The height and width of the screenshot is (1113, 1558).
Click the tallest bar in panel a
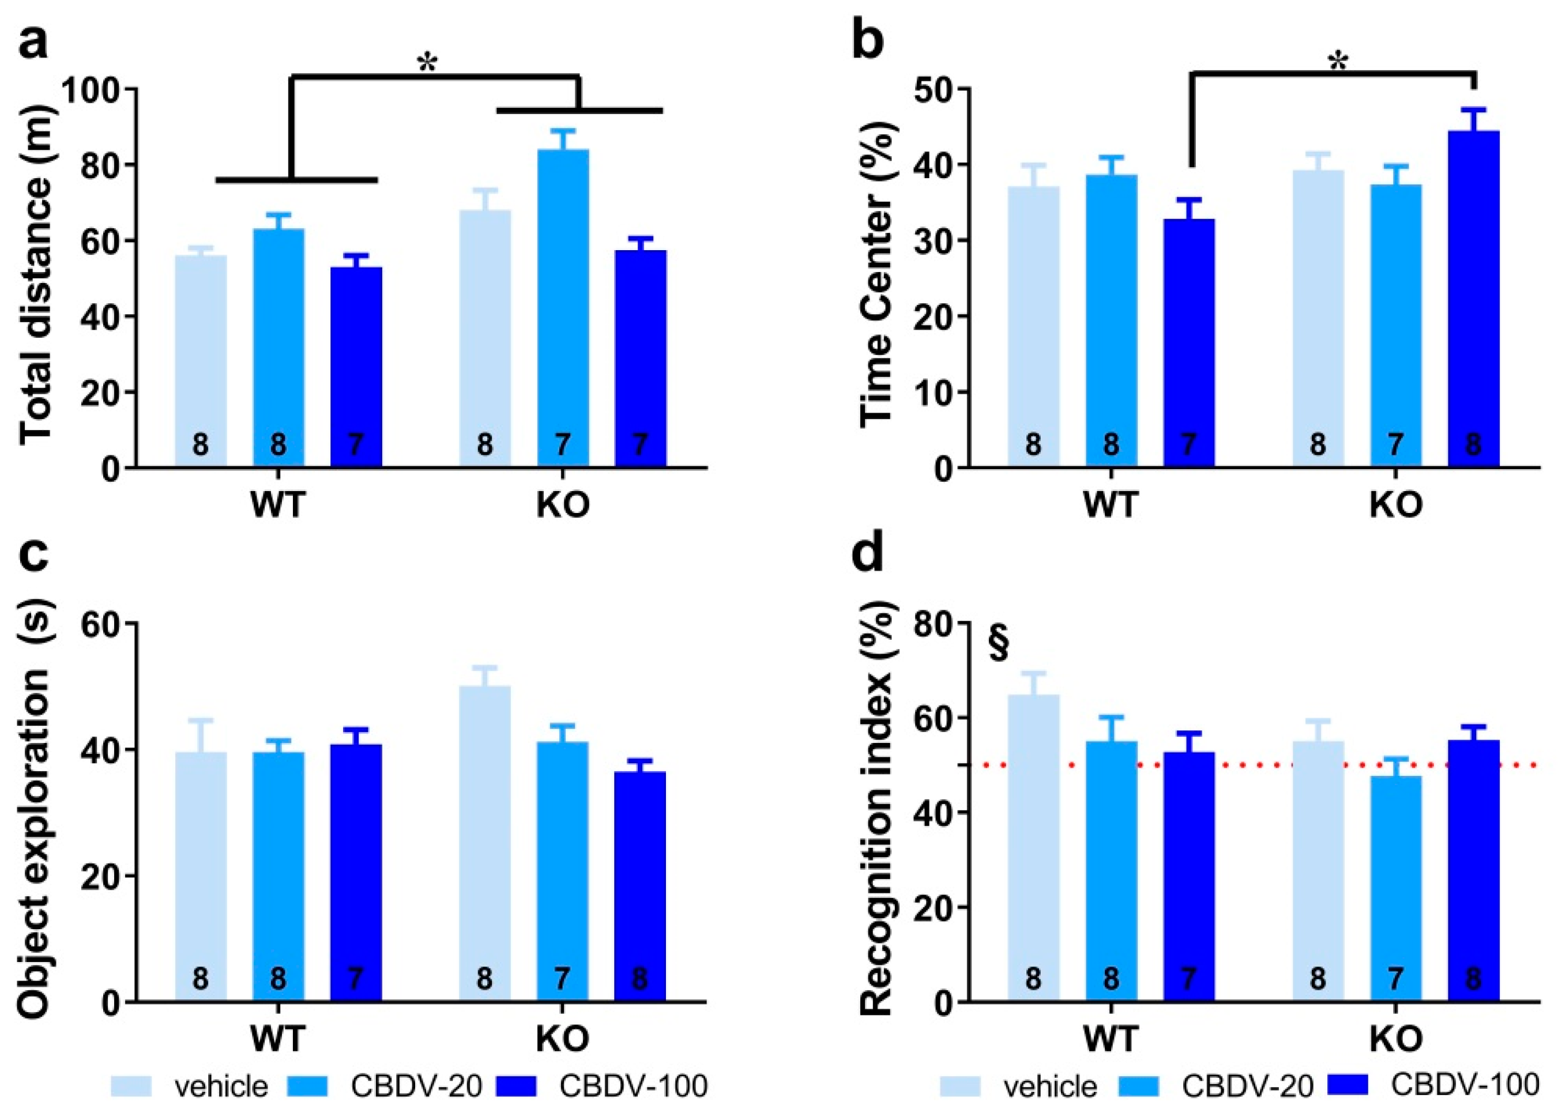(562, 308)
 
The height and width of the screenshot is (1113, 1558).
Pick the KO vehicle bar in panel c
(484, 844)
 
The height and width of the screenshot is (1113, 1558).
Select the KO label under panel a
(562, 506)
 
